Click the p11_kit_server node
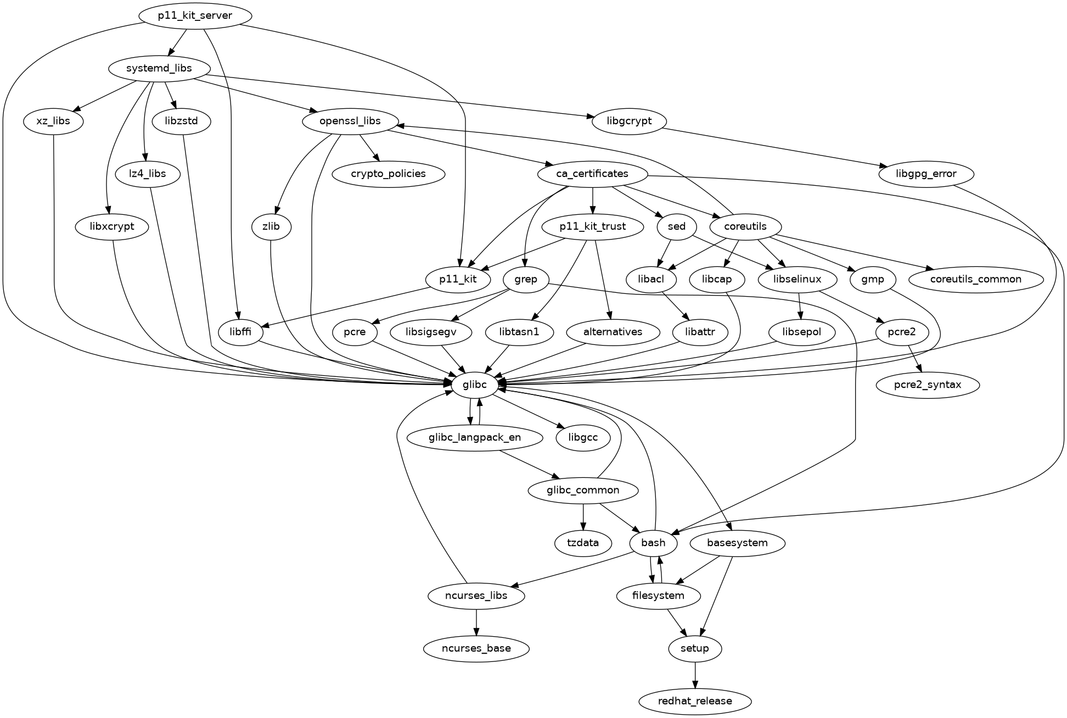coord(195,16)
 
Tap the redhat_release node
coord(694,701)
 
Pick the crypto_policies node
coord(388,174)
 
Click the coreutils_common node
coord(975,279)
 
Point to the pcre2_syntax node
coord(928,385)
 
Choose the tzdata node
coord(583,543)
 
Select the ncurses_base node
coord(476,648)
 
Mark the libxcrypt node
coord(112,227)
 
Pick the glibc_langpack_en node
coord(475,438)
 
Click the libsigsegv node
coord(431,332)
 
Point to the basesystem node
coord(737,543)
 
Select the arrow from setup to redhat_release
coord(695,675)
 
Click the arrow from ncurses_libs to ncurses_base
coord(476,622)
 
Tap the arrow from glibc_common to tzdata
coord(583,516)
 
